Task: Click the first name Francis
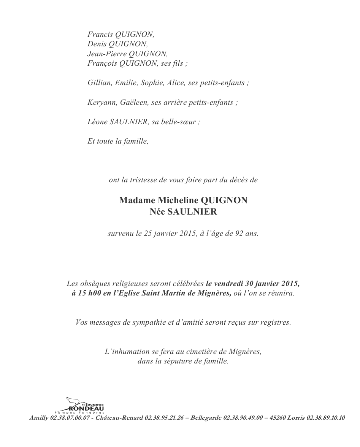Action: [x=97, y=34]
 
